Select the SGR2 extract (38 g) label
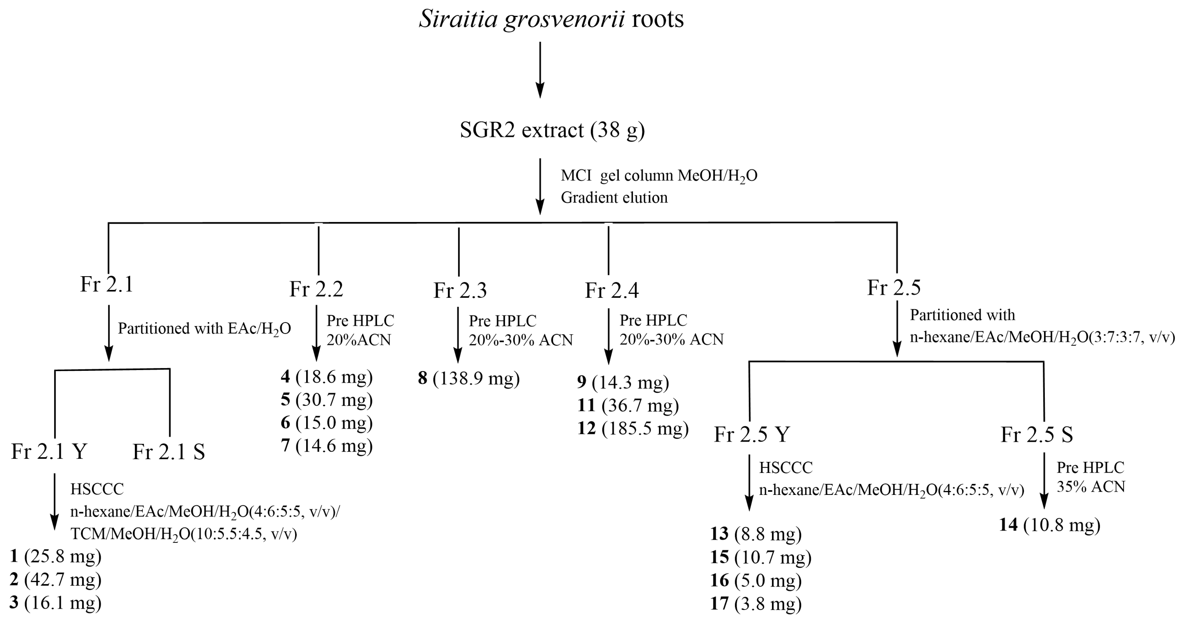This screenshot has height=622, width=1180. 552,130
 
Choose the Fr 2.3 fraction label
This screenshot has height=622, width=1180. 460,291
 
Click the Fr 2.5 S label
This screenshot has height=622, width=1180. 1037,435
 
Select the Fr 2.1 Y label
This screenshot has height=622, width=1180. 49,452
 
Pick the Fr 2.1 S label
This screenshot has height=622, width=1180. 168,453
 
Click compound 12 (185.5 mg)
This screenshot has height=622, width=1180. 633,428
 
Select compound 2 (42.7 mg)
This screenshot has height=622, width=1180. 55,580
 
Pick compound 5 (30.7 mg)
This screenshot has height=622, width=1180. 327,400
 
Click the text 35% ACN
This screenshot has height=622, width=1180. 1091,487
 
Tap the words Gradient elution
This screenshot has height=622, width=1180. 614,198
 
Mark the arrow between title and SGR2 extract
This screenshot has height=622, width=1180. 540,70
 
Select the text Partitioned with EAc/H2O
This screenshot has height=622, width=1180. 204,329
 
